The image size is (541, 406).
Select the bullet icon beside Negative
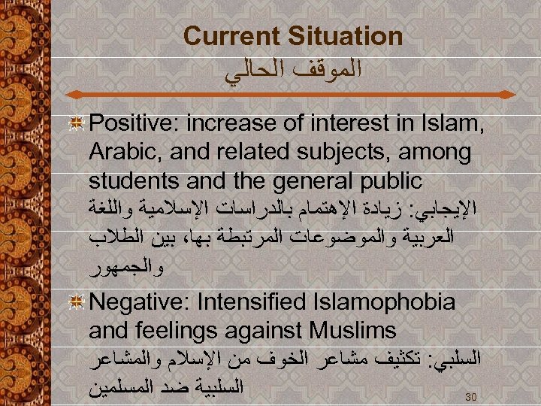click(75, 302)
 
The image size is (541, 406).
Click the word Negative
click(141, 302)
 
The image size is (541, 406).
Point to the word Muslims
click(358, 331)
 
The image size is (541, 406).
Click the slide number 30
click(471, 396)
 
